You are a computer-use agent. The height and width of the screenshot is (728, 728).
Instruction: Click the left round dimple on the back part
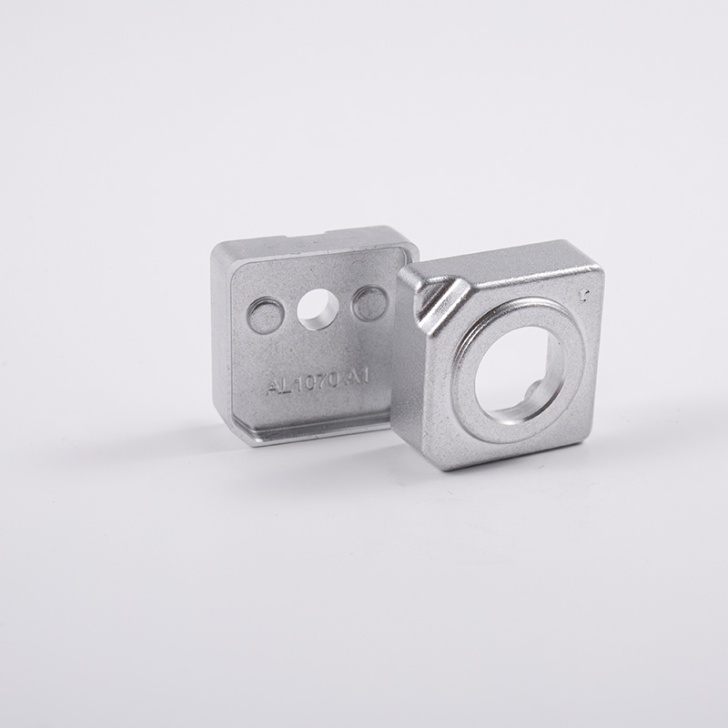point(265,316)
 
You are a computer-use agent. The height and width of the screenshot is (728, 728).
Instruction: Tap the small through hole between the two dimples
point(318,309)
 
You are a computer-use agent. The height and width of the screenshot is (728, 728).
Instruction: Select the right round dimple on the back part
point(369,303)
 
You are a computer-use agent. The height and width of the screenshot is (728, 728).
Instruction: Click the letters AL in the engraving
point(278,385)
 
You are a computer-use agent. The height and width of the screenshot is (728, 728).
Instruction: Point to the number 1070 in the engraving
point(315,380)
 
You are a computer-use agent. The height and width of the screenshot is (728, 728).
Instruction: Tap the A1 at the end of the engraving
point(357,376)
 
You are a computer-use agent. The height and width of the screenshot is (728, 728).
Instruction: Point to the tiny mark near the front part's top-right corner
point(582,293)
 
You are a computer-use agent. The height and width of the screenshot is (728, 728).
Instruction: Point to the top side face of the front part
point(500,258)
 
